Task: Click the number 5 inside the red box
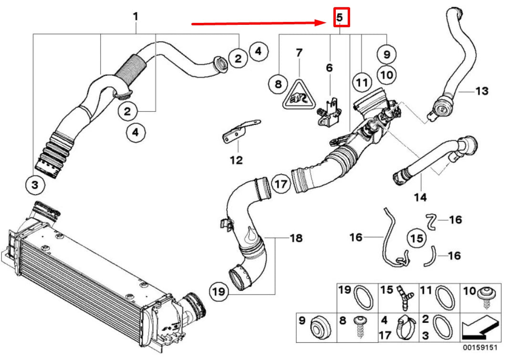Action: click(x=341, y=18)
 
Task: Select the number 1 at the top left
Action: click(x=135, y=17)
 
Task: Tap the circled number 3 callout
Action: click(x=35, y=185)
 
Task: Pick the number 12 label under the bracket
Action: click(x=236, y=160)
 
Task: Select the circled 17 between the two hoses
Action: click(x=281, y=184)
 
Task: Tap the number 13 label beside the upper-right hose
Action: click(x=482, y=90)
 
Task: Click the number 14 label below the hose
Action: click(x=420, y=196)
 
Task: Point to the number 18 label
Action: click(x=296, y=237)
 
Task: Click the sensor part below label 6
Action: click(x=329, y=112)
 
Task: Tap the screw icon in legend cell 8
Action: click(x=359, y=329)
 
